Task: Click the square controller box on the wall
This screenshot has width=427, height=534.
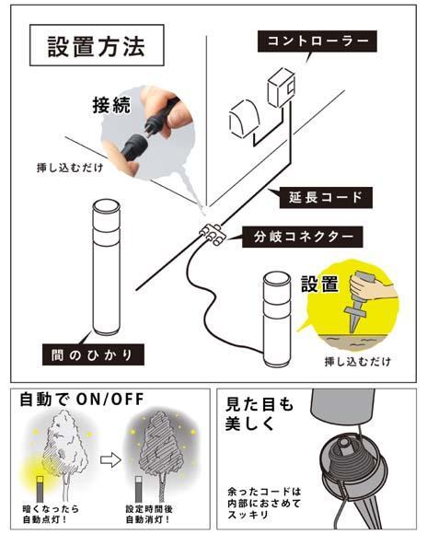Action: coord(279,93)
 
